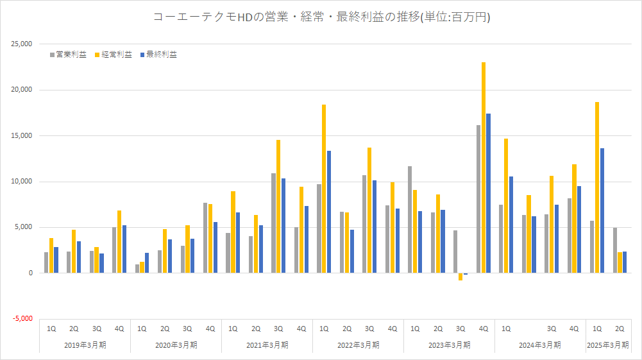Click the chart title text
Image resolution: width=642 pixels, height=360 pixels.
click(321, 17)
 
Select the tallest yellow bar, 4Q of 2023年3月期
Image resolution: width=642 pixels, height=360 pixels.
click(484, 167)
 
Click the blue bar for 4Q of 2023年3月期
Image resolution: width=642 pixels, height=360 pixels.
click(489, 193)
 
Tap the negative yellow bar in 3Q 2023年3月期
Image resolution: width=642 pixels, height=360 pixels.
click(460, 277)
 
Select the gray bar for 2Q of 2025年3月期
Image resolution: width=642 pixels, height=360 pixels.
click(615, 250)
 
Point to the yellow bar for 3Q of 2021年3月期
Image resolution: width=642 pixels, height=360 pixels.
click(278, 206)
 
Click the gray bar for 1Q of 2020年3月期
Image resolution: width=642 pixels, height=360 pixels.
click(137, 268)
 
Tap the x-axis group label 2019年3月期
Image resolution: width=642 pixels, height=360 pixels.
click(85, 345)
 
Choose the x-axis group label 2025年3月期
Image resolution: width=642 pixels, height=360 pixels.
click(608, 345)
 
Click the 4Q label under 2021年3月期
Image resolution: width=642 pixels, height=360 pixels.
click(301, 329)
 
